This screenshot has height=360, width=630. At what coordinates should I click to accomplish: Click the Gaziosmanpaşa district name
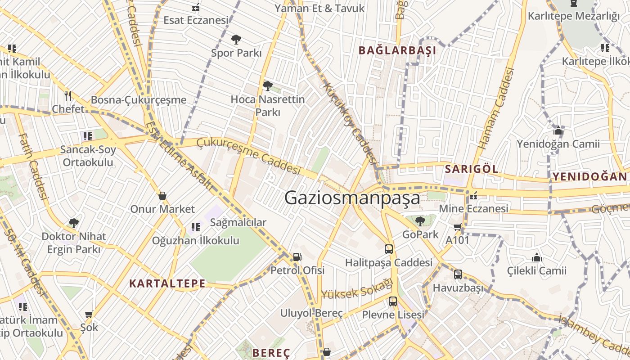point(352,198)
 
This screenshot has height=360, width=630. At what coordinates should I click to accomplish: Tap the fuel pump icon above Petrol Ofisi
point(297,257)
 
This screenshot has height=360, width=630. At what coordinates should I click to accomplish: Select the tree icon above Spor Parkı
point(236,40)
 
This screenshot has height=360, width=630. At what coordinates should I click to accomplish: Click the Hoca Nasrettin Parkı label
point(268,106)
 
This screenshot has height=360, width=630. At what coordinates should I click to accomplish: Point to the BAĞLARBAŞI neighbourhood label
point(397,50)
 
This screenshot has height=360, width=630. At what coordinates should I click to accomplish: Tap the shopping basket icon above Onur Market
point(162,196)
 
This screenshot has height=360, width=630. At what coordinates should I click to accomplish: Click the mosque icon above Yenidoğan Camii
point(558,131)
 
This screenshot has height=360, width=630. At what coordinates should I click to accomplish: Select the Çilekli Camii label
point(537,271)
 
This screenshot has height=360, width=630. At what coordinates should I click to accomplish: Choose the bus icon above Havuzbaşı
point(458,274)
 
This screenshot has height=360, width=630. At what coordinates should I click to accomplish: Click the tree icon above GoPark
point(420,221)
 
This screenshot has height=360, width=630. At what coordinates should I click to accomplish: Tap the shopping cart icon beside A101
point(458,227)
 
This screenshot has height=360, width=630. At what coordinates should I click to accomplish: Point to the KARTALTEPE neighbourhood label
point(167,283)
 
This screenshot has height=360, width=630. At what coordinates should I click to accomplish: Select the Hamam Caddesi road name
point(496,108)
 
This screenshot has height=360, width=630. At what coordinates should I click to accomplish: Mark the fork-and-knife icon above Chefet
point(68,95)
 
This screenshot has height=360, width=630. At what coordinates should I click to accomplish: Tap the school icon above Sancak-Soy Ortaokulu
point(88,136)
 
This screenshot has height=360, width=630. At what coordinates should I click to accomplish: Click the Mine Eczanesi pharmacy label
point(473,208)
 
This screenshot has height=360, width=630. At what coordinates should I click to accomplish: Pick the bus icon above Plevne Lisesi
point(393,301)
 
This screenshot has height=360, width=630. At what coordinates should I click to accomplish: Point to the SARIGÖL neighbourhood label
point(472,169)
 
